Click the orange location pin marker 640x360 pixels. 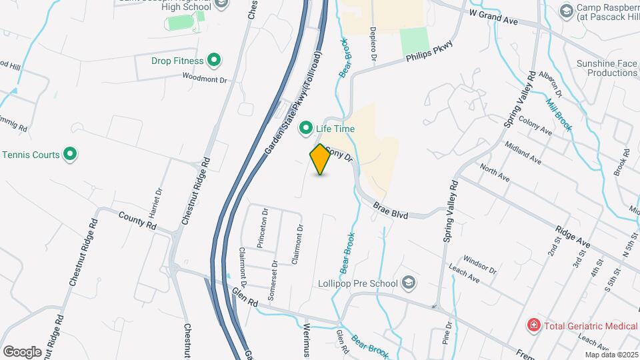tap(321, 159)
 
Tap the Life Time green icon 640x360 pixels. tap(307, 127)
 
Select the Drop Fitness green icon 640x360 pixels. tap(214, 61)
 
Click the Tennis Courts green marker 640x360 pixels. tap(70, 155)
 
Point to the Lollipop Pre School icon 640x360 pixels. tap(409, 283)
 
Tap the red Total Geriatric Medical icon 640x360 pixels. tap(533, 325)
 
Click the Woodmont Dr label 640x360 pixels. tap(205, 78)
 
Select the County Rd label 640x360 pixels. tap(137, 221)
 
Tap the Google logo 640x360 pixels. tap(22, 351)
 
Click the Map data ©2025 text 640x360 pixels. tap(611, 355)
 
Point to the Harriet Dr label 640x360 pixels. tap(159, 201)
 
